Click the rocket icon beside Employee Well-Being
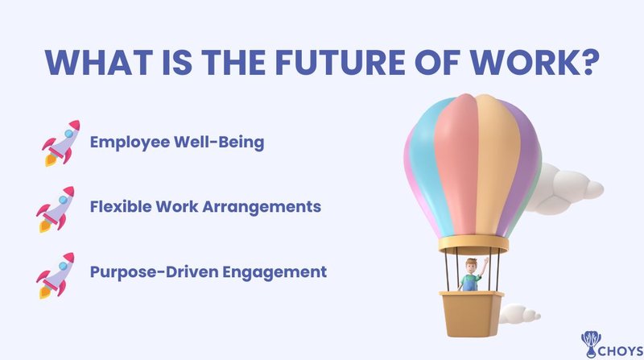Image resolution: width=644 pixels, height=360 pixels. [x=61, y=143]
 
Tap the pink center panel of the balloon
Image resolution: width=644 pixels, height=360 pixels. [x=454, y=161]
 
